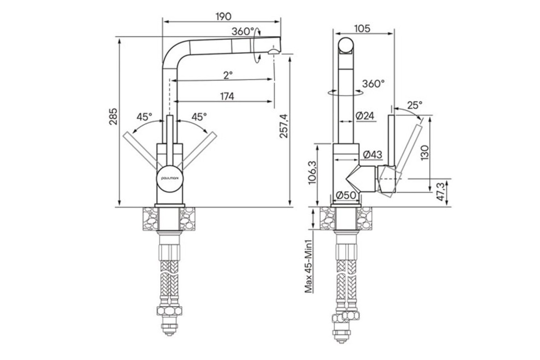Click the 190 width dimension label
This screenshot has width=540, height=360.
224,17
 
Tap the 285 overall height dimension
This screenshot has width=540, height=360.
113,117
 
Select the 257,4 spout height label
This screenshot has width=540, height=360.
284,126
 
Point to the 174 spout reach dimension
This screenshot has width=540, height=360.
227,96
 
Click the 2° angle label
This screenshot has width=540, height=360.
228,75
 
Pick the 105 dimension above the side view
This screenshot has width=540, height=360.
362,29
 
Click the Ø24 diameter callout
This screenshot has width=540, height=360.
365,116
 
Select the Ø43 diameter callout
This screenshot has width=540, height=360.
373,154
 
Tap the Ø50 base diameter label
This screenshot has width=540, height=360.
346,195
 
